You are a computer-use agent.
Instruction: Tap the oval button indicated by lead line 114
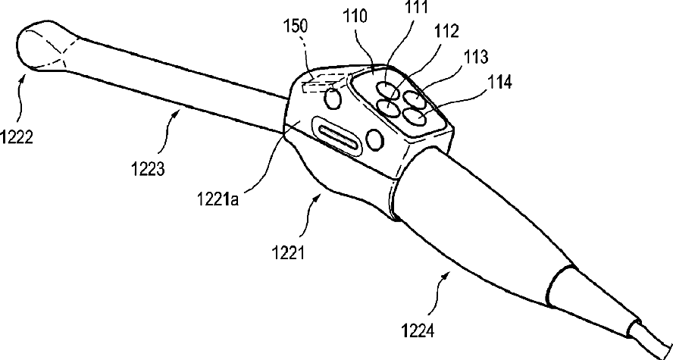415,116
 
